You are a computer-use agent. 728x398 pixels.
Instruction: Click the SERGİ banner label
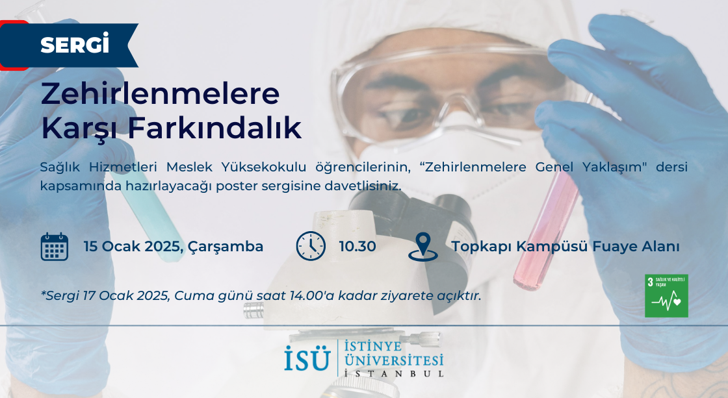(74, 45)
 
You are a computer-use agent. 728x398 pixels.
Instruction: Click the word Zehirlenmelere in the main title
(160, 93)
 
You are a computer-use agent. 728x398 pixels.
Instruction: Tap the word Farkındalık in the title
(214, 127)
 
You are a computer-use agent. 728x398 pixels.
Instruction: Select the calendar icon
(55, 246)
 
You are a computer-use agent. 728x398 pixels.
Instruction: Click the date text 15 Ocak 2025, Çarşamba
(173, 246)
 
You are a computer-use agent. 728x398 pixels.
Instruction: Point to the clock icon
(311, 246)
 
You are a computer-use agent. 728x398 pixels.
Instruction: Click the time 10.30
(357, 246)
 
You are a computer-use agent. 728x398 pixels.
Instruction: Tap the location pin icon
(423, 246)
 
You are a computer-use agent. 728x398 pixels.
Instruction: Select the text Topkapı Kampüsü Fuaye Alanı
(565, 246)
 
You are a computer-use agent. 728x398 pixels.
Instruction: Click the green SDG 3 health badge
(666, 296)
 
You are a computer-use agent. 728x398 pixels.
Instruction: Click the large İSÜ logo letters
(307, 358)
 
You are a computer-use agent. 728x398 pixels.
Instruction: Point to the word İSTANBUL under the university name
(394, 373)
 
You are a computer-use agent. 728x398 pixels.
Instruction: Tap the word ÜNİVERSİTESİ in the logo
(394, 359)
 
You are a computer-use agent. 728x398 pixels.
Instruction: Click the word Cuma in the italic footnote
(189, 295)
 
